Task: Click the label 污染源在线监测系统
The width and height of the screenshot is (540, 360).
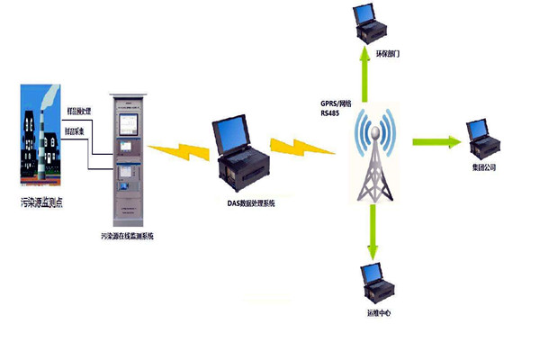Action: pyautogui.click(x=129, y=236)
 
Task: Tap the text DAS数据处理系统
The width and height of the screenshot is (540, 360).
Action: pyautogui.click(x=251, y=204)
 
